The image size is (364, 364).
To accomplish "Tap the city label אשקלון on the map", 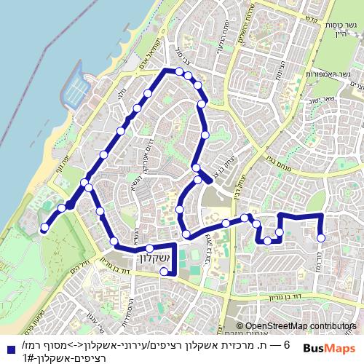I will tap(151, 260).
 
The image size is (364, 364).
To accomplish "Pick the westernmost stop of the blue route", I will tap(44, 228).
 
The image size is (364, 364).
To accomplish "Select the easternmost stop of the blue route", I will tap(321, 237).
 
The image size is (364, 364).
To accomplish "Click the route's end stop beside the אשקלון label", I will tap(165, 272).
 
